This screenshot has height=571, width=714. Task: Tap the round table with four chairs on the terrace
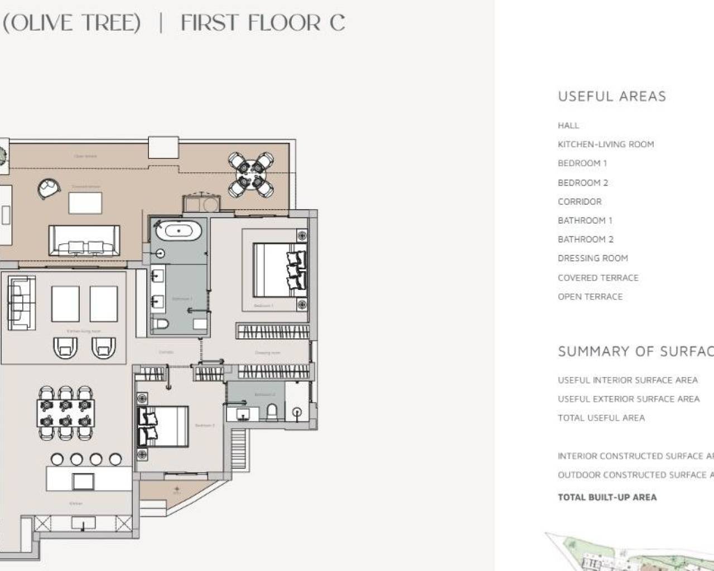(x=251, y=174)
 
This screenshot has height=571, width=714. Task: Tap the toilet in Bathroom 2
(x=272, y=412)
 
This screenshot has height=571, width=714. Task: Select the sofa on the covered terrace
(x=84, y=241)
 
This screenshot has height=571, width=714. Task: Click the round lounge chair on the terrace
(x=49, y=188)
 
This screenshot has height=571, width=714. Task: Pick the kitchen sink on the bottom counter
(x=83, y=523)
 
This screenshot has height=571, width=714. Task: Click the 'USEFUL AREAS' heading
(x=612, y=96)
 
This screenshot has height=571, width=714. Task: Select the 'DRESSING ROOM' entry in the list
(x=592, y=258)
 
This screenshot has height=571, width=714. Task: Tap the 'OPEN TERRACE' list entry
(x=590, y=297)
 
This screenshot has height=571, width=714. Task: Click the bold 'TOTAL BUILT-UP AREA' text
(x=607, y=497)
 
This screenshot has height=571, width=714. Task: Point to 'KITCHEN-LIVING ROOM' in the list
(x=605, y=144)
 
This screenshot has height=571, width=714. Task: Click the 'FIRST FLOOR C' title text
(x=263, y=23)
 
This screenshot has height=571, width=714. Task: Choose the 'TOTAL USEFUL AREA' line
(x=601, y=418)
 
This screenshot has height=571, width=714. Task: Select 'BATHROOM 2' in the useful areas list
(x=585, y=239)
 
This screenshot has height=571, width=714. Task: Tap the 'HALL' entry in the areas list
(x=568, y=125)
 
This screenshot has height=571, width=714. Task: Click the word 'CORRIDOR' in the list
(x=580, y=201)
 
